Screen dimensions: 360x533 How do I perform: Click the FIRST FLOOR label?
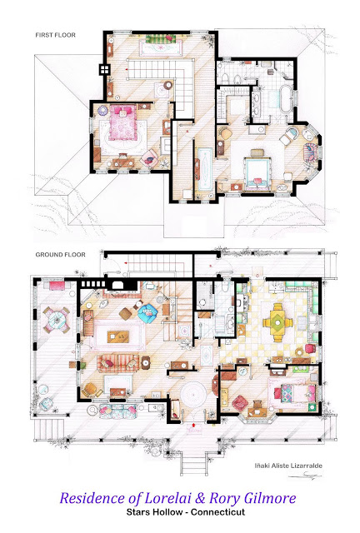tap(56, 35)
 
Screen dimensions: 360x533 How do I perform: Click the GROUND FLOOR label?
tap(61, 255)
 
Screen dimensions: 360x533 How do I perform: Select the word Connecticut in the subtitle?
tap(217, 512)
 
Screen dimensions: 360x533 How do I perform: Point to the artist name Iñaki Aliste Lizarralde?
tap(288, 466)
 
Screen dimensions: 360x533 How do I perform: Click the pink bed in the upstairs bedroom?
tap(123, 122)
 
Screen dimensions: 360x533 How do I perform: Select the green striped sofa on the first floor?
tap(160, 39)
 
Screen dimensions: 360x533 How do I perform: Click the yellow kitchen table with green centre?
tap(278, 322)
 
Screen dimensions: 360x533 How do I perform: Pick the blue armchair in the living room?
tap(148, 313)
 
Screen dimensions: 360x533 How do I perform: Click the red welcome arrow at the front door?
tap(193, 424)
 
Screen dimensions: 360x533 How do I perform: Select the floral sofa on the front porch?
tap(117, 411)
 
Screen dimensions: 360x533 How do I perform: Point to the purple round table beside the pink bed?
tap(102, 111)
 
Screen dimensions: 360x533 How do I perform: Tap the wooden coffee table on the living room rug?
tap(118, 336)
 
